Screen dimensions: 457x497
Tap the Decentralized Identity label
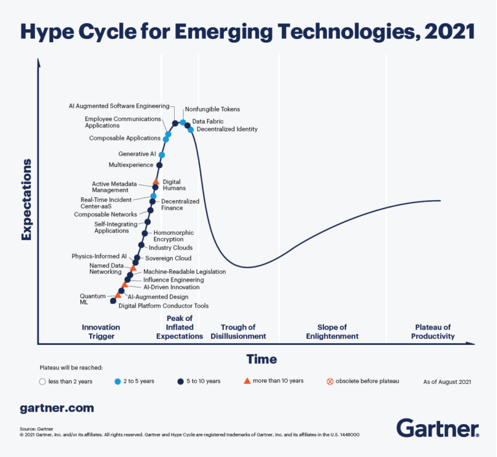226,129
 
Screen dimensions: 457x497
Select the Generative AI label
137,154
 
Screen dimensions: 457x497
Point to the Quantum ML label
89,298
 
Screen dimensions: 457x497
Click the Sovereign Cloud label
168,258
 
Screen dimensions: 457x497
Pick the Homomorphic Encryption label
173,236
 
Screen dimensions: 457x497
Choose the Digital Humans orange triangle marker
156,182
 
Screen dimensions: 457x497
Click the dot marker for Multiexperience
159,165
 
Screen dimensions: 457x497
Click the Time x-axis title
261,359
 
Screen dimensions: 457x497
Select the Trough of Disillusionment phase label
243,331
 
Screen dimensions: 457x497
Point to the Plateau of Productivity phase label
433,331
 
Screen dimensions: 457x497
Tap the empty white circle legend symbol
43,381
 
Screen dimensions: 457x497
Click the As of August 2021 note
446,381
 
